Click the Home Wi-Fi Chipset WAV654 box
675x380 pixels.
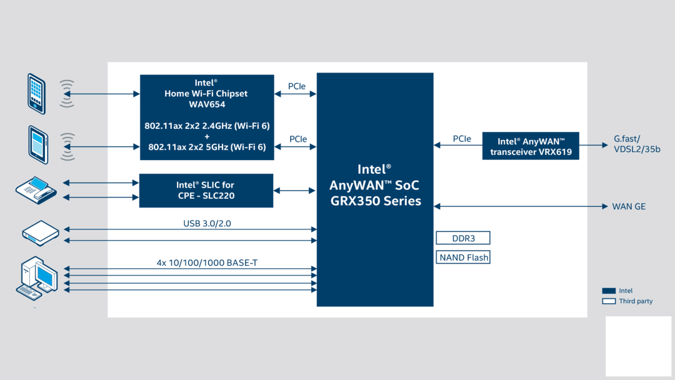[206, 117]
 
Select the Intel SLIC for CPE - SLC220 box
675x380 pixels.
[206, 191]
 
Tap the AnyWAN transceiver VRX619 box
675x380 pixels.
[531, 146]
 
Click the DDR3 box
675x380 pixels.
[463, 238]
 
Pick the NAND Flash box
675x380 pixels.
[463, 257]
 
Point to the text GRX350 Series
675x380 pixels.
[375, 201]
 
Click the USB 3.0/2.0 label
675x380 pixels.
[207, 223]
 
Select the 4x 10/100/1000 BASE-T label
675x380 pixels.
[207, 263]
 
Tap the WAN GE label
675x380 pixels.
[629, 206]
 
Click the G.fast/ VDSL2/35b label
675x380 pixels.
[637, 144]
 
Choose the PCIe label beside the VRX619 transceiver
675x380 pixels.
[462, 139]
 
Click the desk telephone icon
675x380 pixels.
[36, 189]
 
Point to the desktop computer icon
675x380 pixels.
[37, 277]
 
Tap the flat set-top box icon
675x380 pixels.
[41, 232]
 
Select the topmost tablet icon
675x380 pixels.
[36, 93]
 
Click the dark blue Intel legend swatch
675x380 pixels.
[609, 291]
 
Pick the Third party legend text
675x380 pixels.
[636, 301]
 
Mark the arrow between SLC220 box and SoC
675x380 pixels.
[294, 191]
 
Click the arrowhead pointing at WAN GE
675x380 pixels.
[604, 206]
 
